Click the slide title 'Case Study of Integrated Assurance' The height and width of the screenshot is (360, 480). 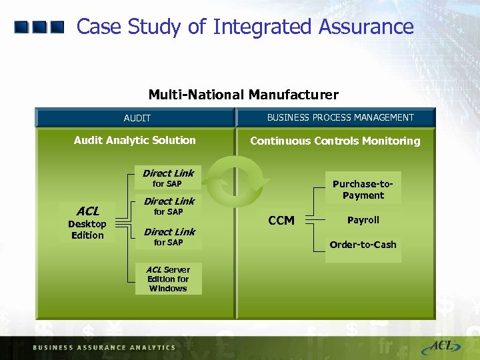245,27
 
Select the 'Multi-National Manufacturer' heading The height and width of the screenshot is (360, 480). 243,95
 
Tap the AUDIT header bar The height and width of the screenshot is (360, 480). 137,118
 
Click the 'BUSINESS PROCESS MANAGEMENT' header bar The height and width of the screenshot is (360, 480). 340,117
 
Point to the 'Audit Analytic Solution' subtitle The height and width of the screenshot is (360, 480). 135,140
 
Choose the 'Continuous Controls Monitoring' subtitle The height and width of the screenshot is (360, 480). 335,141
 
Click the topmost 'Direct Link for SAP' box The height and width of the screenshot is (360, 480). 167,178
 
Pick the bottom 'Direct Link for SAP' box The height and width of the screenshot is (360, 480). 169,237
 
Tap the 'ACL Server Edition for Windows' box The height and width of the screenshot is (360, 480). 168,279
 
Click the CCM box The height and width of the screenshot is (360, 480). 281,221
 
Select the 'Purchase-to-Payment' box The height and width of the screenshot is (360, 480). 363,189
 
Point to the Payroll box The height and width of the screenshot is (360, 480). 363,220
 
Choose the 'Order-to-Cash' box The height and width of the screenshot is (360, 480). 363,245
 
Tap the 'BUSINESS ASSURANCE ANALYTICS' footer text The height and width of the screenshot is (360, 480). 104,347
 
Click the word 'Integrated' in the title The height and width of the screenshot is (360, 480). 262,27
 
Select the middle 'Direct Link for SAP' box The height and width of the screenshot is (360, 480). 169,206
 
